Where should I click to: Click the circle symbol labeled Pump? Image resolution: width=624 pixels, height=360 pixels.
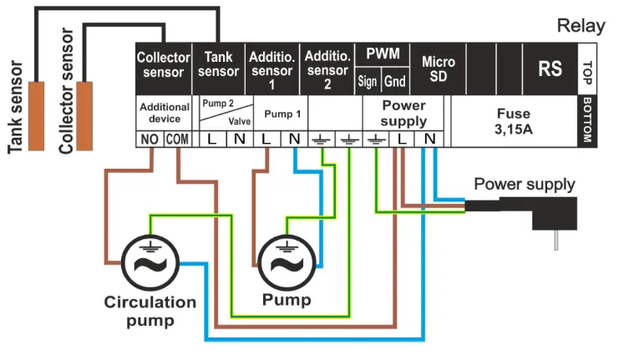click(x=287, y=262)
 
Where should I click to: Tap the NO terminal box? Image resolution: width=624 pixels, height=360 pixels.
click(x=150, y=139)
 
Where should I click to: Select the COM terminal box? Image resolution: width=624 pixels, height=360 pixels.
click(x=177, y=139)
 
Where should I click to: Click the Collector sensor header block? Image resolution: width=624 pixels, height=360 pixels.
click(x=164, y=65)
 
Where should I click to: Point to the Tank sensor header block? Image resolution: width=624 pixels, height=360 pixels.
click(x=219, y=65)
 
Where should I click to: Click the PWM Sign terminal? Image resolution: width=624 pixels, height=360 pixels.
click(x=368, y=82)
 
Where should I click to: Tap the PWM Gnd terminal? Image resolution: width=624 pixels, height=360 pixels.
click(x=394, y=82)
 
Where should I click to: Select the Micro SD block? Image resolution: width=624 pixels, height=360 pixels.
click(x=438, y=70)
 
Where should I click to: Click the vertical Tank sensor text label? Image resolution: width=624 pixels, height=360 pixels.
click(x=15, y=105)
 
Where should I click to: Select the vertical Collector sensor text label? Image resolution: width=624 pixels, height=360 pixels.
click(x=67, y=92)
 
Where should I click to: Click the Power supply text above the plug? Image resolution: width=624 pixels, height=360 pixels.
click(x=524, y=184)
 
